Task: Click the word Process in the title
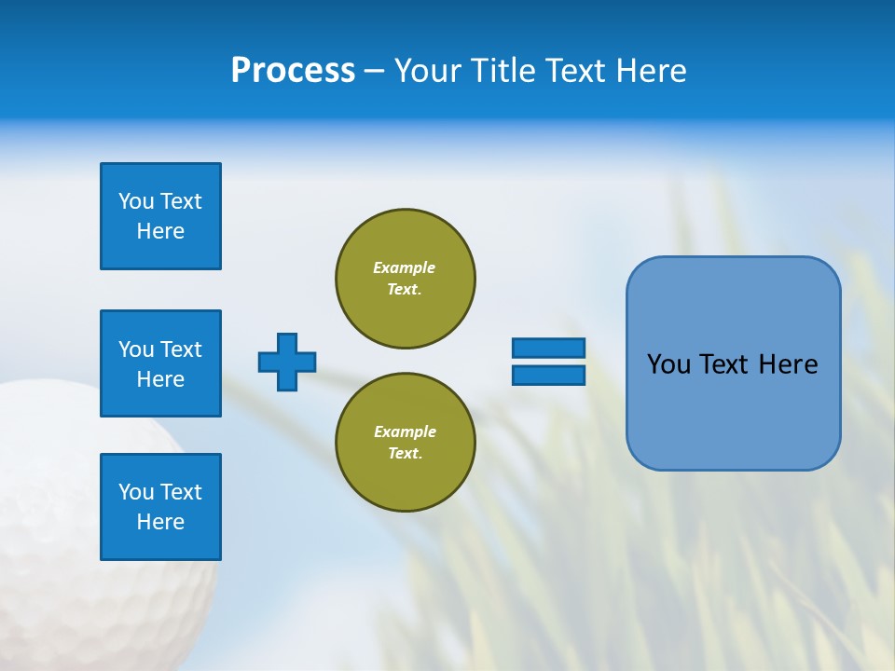[x=293, y=71]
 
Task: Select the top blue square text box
[x=160, y=216]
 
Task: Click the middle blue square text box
[x=160, y=363]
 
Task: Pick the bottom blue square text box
[x=160, y=507]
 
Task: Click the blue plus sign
[x=287, y=362]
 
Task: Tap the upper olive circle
[x=405, y=279]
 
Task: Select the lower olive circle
[x=405, y=443]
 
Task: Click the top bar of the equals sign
[x=548, y=348]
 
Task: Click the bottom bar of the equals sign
[x=548, y=375]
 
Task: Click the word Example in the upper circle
[x=405, y=267]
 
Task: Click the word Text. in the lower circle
[x=405, y=454]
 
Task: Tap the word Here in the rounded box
[x=788, y=364]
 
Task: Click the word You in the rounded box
[x=669, y=364]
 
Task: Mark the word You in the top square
[x=136, y=201]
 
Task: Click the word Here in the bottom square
[x=160, y=522]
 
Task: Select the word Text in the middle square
[x=181, y=349]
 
